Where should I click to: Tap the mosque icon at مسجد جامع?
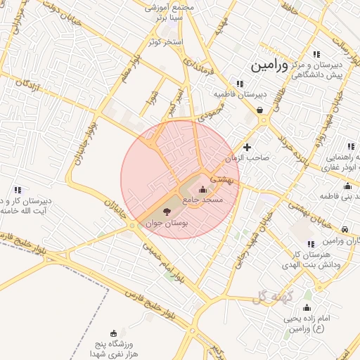coord(203,189)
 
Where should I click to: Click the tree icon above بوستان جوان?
coord(167,211)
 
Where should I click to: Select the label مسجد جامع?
coord(202,200)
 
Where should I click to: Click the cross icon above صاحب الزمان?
coord(247,147)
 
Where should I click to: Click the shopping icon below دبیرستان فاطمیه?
coord(261,110)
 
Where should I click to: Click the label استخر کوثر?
coord(165,42)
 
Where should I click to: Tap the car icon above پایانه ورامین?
coord(345,229)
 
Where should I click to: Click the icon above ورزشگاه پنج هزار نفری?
coord(114,333)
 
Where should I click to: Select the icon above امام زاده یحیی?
coord(307,308)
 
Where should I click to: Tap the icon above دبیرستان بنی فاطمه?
coord(347,186)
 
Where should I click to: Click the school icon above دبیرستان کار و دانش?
coord(18,190)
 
